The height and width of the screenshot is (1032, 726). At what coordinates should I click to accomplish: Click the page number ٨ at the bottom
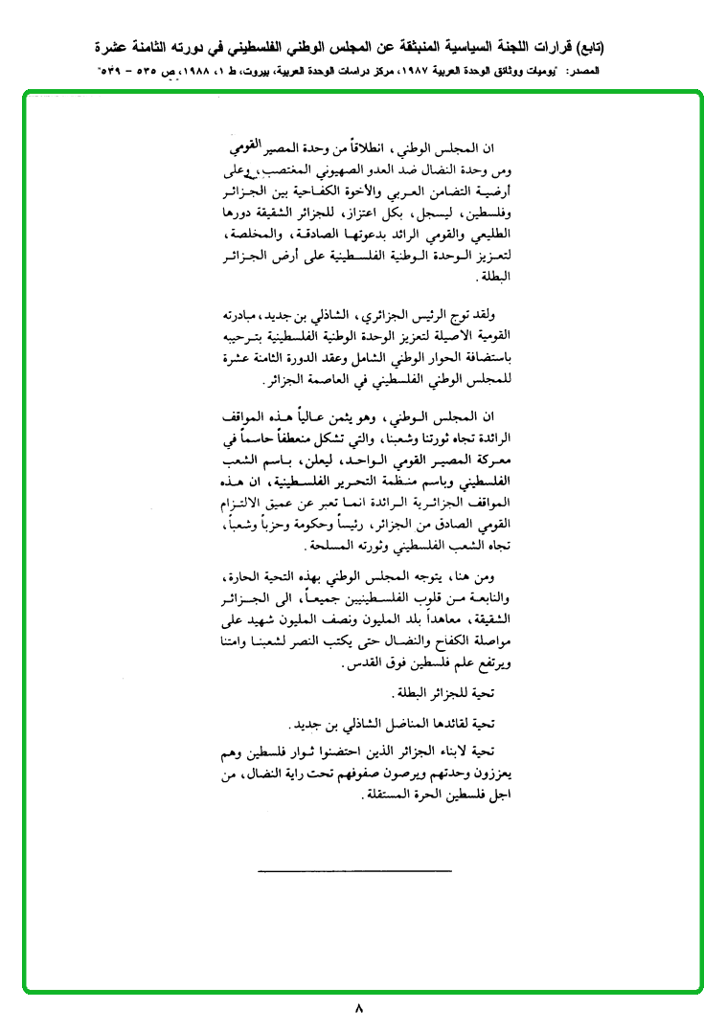(358, 1008)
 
